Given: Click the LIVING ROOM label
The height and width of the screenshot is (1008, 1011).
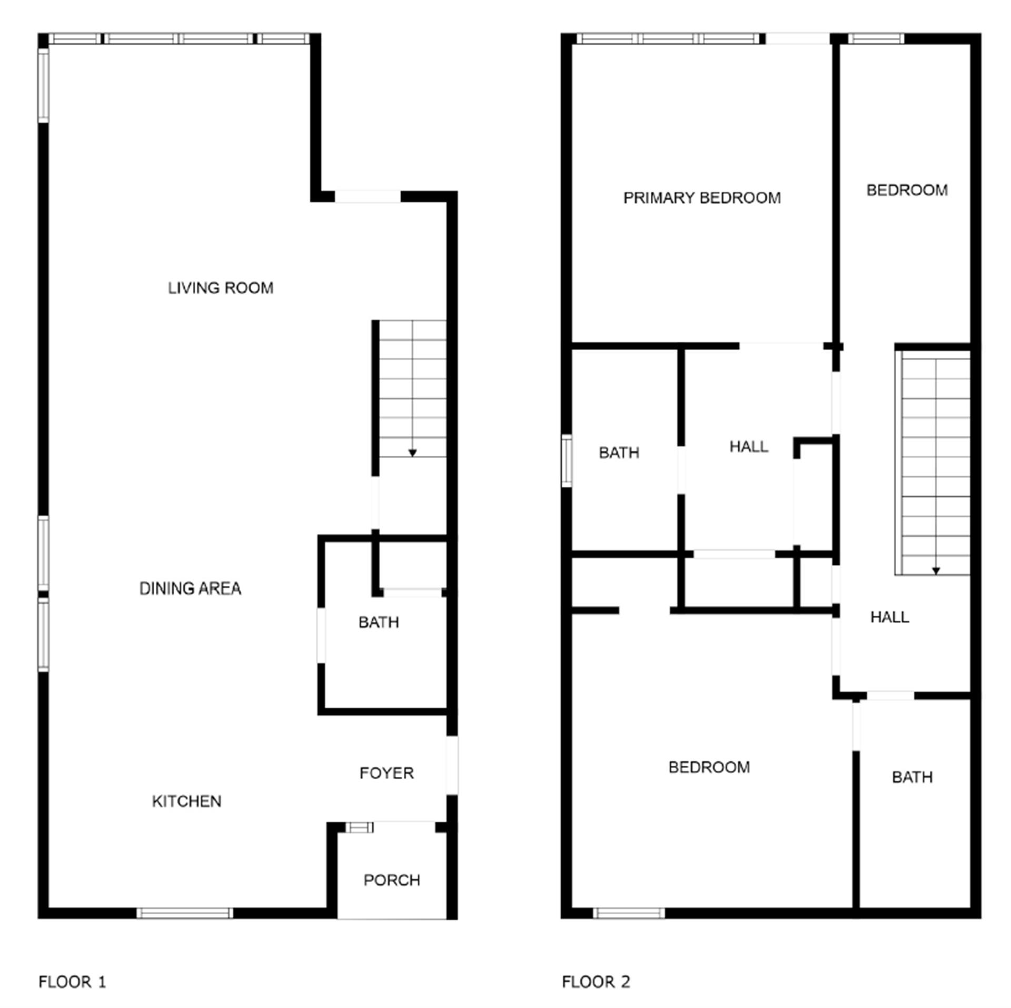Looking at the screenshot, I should [221, 288].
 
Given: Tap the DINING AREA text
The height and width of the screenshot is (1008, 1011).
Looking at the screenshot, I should [190, 588].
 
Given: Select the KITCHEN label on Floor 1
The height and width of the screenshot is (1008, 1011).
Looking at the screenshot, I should [186, 801].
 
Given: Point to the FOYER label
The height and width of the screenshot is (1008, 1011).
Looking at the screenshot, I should [386, 773].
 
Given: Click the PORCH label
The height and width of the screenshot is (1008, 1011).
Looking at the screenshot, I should [392, 880].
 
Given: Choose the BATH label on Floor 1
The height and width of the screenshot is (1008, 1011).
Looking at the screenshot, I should [379, 622].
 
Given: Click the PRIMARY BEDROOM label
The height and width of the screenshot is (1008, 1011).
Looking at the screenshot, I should [702, 198].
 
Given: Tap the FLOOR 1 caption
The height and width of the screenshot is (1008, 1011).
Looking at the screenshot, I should [72, 982].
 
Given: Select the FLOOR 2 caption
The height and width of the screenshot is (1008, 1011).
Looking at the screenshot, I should [596, 982].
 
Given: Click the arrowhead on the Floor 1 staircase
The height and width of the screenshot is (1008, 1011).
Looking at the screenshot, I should [413, 453].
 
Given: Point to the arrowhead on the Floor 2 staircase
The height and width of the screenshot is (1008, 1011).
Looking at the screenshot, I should [936, 571].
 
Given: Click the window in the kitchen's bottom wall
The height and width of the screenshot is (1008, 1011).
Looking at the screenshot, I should [184, 913].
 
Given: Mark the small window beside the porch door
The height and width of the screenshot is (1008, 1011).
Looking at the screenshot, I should [360, 827].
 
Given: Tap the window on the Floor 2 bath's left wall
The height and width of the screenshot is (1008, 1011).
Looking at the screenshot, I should [567, 461].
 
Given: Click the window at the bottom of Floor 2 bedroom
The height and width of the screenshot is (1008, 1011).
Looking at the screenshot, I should [629, 913].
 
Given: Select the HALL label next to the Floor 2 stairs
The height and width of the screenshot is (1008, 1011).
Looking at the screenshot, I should [889, 617].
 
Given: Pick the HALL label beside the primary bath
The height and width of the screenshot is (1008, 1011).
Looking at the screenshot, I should [748, 447].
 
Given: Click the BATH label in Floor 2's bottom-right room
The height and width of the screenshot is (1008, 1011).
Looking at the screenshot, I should [912, 777].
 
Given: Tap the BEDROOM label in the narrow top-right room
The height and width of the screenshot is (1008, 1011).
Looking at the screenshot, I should [907, 190].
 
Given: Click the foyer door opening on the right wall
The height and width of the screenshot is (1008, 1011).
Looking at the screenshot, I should [452, 765].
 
